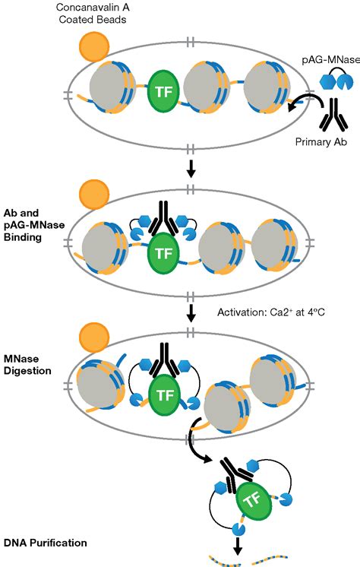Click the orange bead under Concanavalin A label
point(94,47)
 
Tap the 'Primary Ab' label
point(321,141)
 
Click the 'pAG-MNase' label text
point(330,60)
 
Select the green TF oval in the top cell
point(163,90)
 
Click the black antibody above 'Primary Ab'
point(333,115)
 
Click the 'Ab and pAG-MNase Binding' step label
point(34,225)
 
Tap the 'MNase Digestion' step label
point(27,365)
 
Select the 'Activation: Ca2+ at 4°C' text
point(270,312)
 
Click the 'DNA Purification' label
point(45,543)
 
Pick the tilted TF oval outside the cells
point(253,500)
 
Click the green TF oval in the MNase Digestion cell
point(165,394)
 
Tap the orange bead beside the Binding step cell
point(94,195)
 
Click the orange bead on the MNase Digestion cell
point(94,337)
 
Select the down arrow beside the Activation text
point(191,313)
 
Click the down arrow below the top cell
point(191,168)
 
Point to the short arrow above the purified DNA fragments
point(238,546)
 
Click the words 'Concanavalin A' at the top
point(93,7)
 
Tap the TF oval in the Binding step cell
point(163,253)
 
